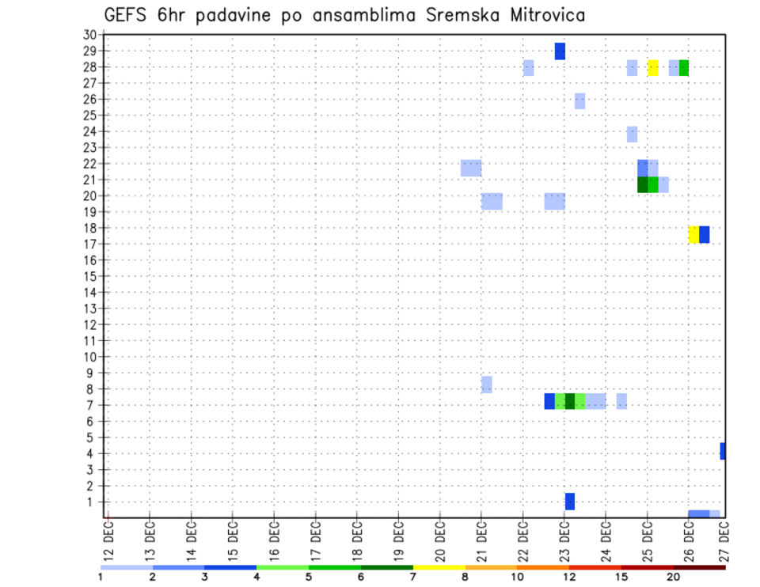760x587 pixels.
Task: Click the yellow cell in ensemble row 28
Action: [x=652, y=68]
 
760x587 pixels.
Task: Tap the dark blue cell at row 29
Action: [x=560, y=51]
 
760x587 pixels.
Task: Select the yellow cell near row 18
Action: [x=693, y=234]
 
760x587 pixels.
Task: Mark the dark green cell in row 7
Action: [x=570, y=401]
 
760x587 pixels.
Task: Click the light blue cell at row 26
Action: [x=579, y=100]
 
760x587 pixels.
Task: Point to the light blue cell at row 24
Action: [x=632, y=134]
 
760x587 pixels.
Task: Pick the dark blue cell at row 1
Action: [x=570, y=502]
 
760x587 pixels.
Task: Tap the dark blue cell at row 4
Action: [x=723, y=451]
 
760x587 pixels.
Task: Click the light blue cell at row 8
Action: [x=487, y=384]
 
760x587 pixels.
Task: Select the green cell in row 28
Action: [x=683, y=68]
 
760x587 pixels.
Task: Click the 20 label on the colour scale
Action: [x=673, y=577]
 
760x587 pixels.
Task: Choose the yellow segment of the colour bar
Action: [x=439, y=567]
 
